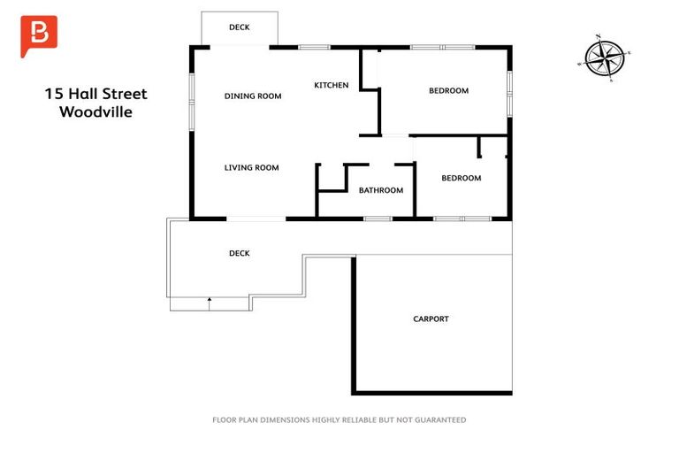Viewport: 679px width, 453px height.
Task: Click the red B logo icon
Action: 39,34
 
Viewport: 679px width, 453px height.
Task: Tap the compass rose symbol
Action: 605,58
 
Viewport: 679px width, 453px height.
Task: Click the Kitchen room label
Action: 332,85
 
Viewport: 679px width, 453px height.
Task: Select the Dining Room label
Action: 253,96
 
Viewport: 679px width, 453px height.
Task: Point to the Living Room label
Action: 251,167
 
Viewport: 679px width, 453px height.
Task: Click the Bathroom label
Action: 380,190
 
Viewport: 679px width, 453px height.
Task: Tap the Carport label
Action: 431,319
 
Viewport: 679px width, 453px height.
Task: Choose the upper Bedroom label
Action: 448,90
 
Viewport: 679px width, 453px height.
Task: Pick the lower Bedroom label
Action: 461,178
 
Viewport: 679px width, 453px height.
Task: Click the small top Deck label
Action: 239,27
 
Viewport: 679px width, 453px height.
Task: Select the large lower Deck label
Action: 239,253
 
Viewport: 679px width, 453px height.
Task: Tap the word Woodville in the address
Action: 95,111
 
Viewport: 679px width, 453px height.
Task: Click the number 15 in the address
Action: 54,94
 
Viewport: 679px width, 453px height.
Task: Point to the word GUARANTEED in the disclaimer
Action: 439,419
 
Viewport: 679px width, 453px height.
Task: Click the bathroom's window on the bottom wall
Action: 378,218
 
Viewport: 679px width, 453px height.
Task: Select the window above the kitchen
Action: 314,46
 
